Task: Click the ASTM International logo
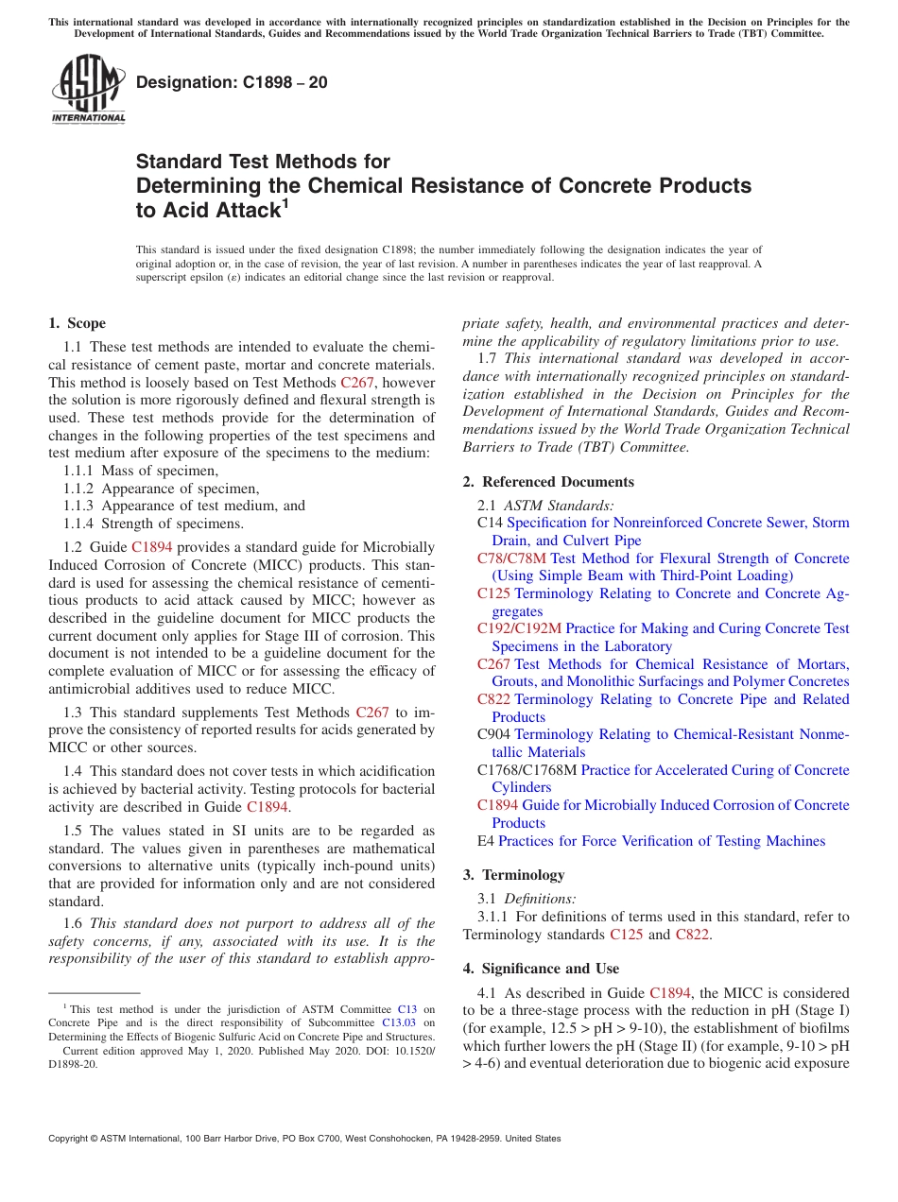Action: tap(88, 89)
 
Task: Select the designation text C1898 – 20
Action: tap(232, 82)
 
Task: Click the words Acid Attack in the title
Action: tap(208, 210)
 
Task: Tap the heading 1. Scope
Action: tap(77, 323)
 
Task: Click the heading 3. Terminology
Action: tap(513, 874)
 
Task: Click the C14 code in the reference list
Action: tap(490, 523)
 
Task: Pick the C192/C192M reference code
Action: tap(519, 628)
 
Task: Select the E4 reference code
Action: tap(486, 841)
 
